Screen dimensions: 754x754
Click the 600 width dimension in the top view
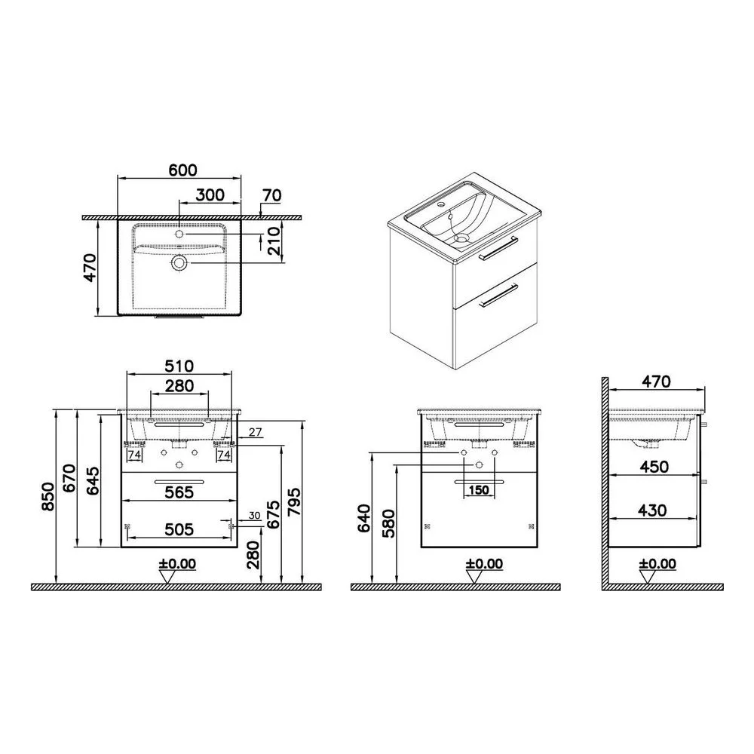182,170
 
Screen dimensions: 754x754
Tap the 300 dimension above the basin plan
210,195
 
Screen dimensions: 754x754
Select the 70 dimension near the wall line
272,195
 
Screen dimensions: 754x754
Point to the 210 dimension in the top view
273,242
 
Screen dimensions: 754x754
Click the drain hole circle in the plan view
179,263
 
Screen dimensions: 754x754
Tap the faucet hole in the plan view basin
179,234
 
